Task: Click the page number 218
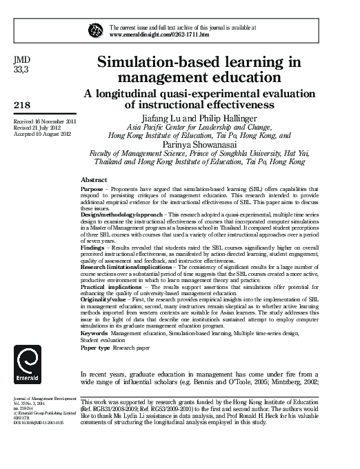(x=22, y=105)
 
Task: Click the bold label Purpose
(x=92, y=188)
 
